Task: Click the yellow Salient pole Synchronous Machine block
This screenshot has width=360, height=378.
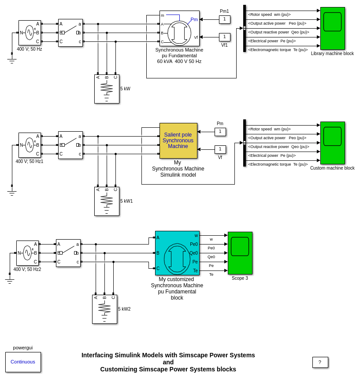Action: pyautogui.click(x=178, y=141)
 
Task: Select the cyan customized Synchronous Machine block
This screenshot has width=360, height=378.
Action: pyautogui.click(x=177, y=253)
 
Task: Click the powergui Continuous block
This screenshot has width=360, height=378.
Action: pyautogui.click(x=23, y=362)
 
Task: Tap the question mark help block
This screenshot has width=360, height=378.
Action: pyautogui.click(x=320, y=362)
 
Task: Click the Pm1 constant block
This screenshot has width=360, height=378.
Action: pyautogui.click(x=224, y=19)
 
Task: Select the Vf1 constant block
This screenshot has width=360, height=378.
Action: pyautogui.click(x=224, y=37)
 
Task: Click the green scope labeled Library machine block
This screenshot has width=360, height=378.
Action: pyautogui.click(x=332, y=28)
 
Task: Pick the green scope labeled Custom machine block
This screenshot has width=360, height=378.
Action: pyautogui.click(x=332, y=143)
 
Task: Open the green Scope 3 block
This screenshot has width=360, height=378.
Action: pyautogui.click(x=240, y=253)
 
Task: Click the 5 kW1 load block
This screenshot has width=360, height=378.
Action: pyautogui.click(x=107, y=201)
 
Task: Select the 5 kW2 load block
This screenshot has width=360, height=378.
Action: pyautogui.click(x=104, y=309)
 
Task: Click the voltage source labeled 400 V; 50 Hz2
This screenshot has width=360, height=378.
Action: pyautogui.click(x=27, y=253)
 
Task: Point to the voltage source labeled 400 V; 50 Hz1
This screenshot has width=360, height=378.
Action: pyautogui.click(x=30, y=145)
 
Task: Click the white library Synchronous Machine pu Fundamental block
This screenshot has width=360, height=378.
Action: pyautogui.click(x=179, y=28)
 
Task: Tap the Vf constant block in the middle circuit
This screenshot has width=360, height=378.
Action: pyautogui.click(x=220, y=149)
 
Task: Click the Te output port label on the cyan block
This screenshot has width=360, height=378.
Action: pyautogui.click(x=195, y=271)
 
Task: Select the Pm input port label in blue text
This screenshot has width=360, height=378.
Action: pyautogui.click(x=194, y=19)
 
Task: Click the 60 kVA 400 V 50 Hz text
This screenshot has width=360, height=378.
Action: pyautogui.click(x=179, y=61)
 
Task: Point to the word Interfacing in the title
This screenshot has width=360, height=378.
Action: pyautogui.click(x=98, y=355)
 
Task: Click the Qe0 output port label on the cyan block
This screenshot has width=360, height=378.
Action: pyautogui.click(x=194, y=253)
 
